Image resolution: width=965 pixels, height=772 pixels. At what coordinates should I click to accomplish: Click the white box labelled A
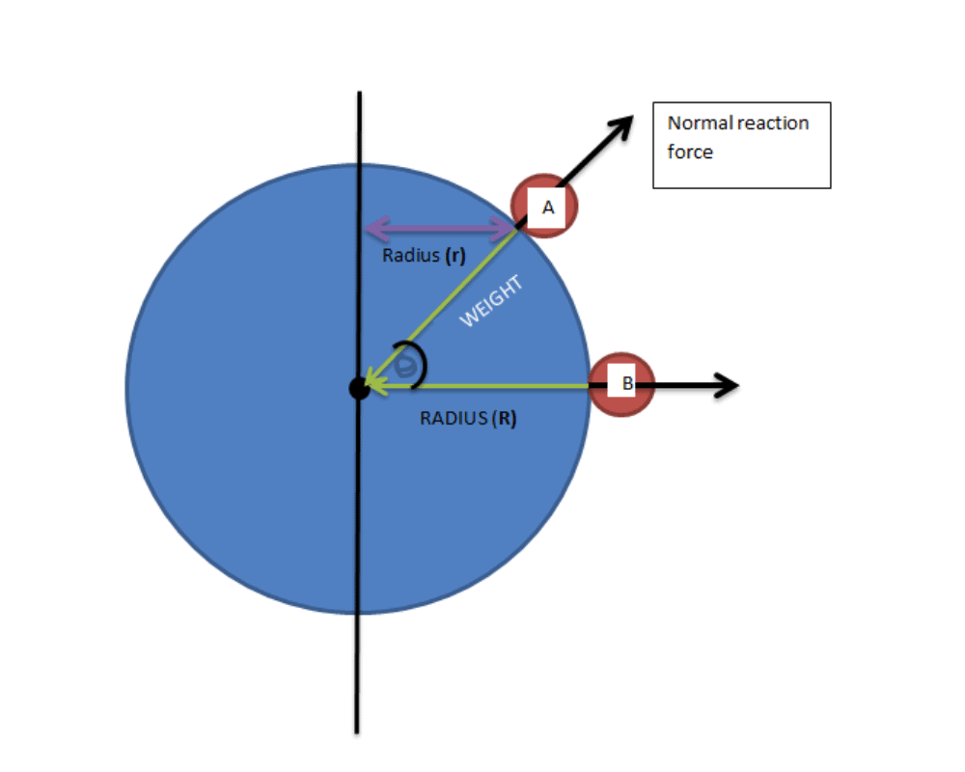[x=546, y=207]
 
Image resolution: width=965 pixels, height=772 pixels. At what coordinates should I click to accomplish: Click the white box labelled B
[x=620, y=383]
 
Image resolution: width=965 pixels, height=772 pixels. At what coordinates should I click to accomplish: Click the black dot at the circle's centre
[x=359, y=389]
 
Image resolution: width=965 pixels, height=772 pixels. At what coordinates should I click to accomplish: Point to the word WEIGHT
[x=491, y=300]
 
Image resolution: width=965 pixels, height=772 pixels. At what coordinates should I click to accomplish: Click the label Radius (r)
[x=424, y=256]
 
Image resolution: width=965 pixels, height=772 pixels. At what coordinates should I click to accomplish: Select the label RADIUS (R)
[x=468, y=419]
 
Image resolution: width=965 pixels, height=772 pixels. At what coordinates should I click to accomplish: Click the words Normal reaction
[x=738, y=124]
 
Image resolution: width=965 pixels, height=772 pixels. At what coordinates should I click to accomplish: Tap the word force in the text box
[x=690, y=152]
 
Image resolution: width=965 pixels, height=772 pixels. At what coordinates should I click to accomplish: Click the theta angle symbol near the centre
[x=405, y=366]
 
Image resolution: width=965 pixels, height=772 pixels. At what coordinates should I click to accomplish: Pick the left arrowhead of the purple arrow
[x=376, y=229]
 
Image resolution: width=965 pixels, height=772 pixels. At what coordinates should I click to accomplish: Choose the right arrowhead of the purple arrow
[x=505, y=229]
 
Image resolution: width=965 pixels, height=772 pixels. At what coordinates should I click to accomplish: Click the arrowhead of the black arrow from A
[x=621, y=126]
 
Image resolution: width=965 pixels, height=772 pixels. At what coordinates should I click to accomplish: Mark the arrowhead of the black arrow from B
[x=727, y=385]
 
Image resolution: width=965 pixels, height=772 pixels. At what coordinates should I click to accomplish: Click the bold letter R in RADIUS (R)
[x=506, y=419]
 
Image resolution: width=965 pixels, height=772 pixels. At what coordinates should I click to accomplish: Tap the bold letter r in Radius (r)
[x=455, y=257]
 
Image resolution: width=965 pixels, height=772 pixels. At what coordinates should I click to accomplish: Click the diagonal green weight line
[x=442, y=306]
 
